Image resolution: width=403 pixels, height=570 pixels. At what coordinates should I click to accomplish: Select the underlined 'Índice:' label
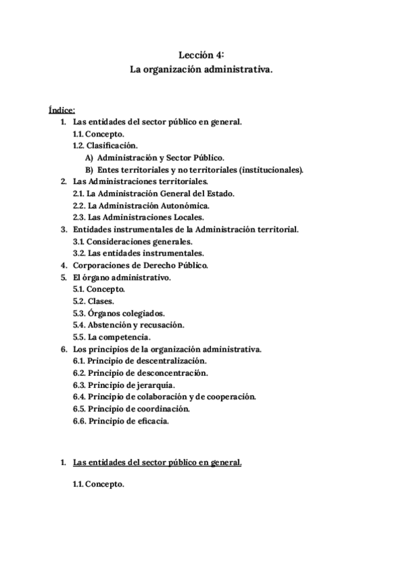(x=62, y=110)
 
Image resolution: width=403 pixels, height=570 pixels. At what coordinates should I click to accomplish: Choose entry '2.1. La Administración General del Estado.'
(x=153, y=194)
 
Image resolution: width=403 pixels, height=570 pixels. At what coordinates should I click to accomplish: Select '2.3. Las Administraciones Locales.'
(x=138, y=217)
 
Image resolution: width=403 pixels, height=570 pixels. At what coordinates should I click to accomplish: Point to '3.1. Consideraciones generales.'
(x=133, y=241)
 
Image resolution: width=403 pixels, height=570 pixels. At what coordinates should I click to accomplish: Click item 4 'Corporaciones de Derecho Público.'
(x=140, y=266)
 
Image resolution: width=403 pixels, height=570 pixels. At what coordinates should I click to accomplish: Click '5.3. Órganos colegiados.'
(x=119, y=313)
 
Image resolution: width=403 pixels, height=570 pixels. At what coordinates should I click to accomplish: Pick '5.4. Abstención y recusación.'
(x=128, y=325)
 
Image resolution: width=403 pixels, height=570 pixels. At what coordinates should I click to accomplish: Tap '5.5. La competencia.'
(x=111, y=337)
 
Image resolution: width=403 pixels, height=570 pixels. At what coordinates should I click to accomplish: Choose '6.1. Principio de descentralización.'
(x=140, y=361)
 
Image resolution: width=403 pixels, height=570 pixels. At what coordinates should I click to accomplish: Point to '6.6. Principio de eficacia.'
(x=121, y=421)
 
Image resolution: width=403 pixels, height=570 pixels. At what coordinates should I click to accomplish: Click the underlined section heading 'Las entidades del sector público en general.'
(x=157, y=463)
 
